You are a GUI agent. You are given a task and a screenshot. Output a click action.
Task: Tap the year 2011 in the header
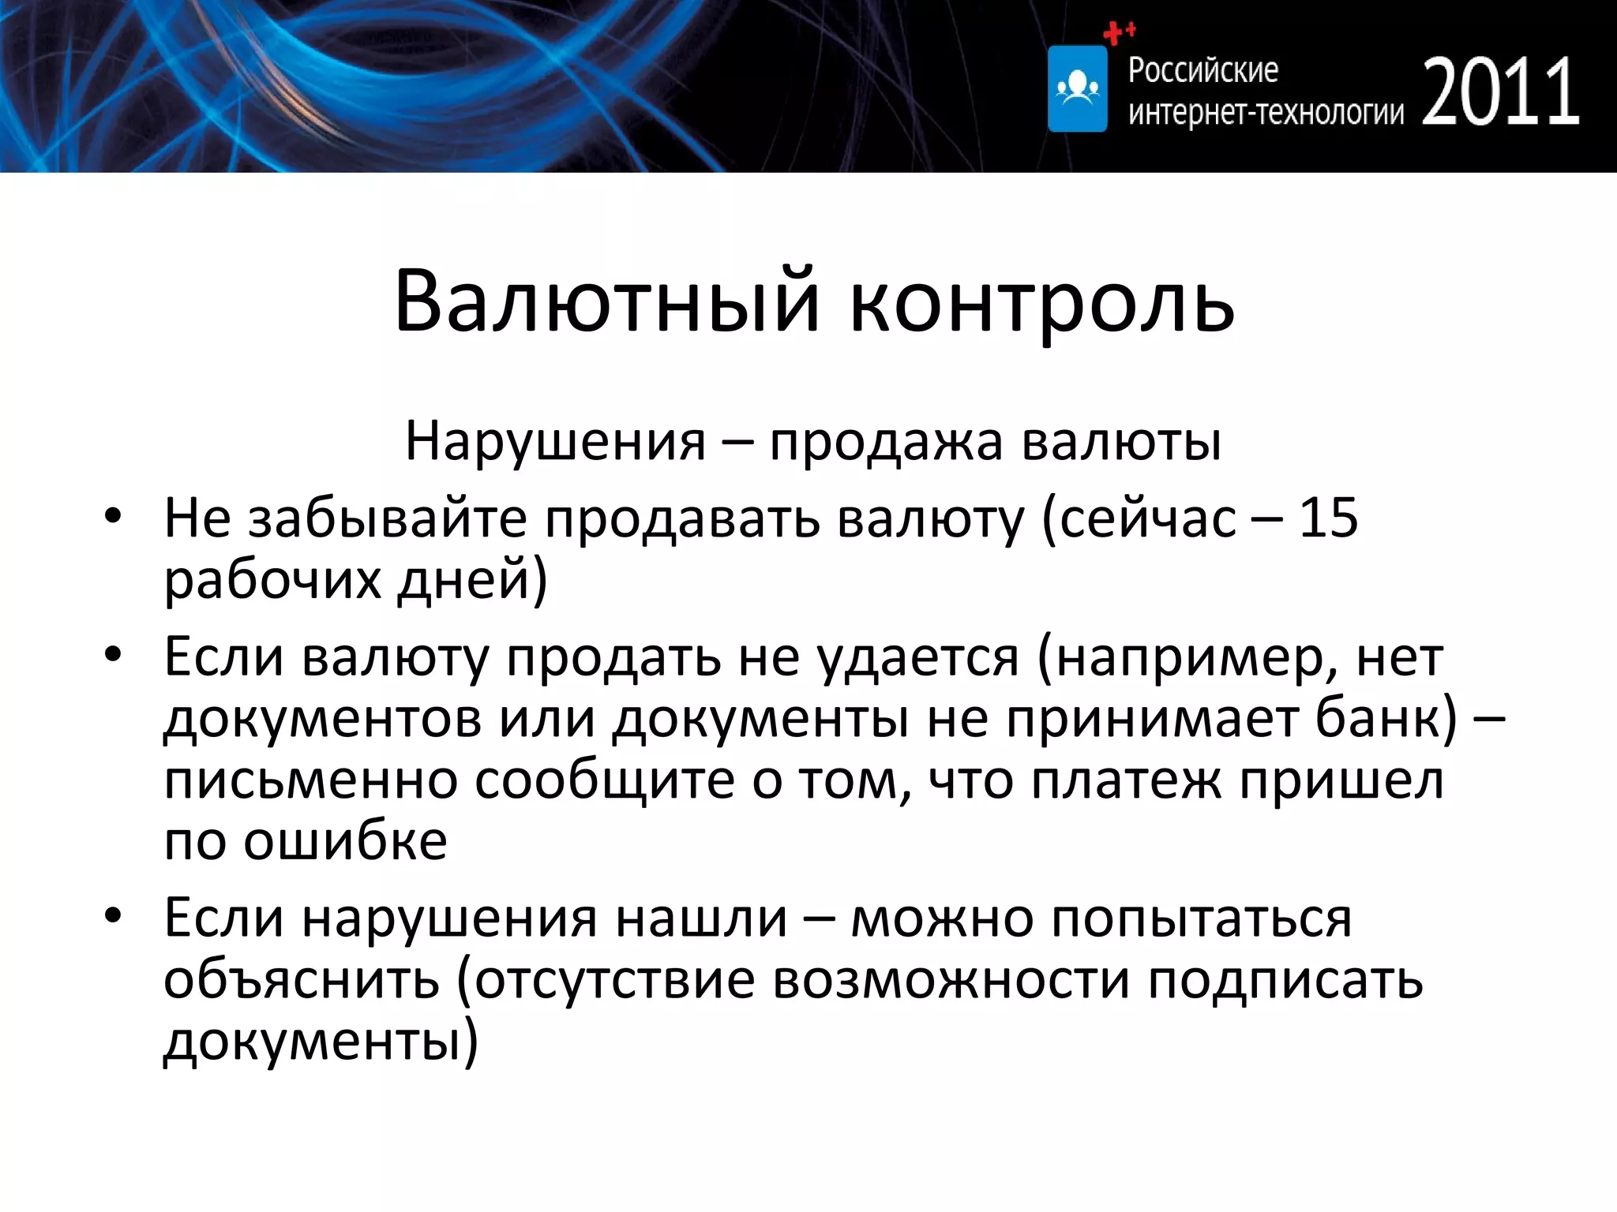coord(1500,92)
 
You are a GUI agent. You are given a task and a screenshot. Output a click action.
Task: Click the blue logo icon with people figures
coord(1077,88)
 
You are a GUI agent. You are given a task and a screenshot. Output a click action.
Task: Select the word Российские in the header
coord(1202,70)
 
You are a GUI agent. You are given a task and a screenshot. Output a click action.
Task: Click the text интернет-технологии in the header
coord(1266,113)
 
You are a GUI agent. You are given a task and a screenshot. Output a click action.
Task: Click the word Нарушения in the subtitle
coord(555,441)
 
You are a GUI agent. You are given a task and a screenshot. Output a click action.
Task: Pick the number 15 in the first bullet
coord(1328,518)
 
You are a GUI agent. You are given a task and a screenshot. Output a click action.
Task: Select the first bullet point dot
coord(113,517)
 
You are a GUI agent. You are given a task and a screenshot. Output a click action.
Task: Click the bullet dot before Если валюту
coord(113,655)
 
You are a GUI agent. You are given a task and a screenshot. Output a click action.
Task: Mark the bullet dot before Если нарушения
coord(113,916)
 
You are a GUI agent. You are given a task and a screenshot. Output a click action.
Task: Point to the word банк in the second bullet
coord(1378,719)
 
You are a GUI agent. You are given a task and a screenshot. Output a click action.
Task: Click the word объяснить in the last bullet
coord(301,981)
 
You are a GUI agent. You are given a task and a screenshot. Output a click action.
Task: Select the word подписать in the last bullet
coord(1285,981)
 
